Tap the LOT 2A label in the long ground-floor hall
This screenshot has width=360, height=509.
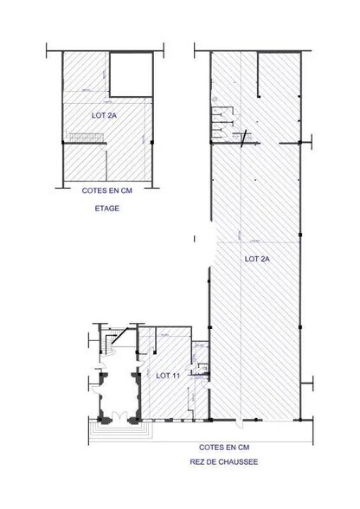coord(258,258)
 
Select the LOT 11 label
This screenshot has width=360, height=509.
coord(168,375)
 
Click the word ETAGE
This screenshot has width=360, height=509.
coord(107,209)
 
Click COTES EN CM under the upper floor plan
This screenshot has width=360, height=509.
coord(107,193)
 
